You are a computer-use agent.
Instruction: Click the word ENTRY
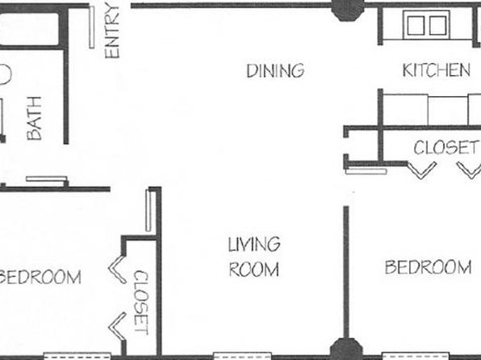[x=111, y=30]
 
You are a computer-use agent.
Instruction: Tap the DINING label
[x=275, y=70]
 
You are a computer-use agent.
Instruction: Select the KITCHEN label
[x=437, y=70]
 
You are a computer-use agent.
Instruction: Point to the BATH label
[x=34, y=118]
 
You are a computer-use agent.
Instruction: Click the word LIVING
[x=254, y=245]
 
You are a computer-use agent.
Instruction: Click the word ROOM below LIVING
[x=254, y=269]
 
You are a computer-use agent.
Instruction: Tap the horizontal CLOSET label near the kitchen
[x=445, y=148]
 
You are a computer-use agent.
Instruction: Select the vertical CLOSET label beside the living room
[x=141, y=303]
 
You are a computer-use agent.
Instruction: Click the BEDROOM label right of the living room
[x=429, y=267]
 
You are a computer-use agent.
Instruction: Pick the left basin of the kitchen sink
[x=416, y=25]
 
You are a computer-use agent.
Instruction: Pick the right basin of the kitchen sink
[x=437, y=25]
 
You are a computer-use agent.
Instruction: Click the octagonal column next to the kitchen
[x=348, y=10]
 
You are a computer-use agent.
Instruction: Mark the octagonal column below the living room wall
[x=346, y=350]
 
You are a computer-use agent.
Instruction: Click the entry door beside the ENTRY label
[x=92, y=27]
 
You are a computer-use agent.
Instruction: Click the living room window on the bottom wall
[x=242, y=356]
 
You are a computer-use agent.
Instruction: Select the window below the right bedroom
[x=416, y=356]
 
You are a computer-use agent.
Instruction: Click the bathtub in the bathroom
[x=29, y=28]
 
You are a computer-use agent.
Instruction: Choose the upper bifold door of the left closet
[x=118, y=269]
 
